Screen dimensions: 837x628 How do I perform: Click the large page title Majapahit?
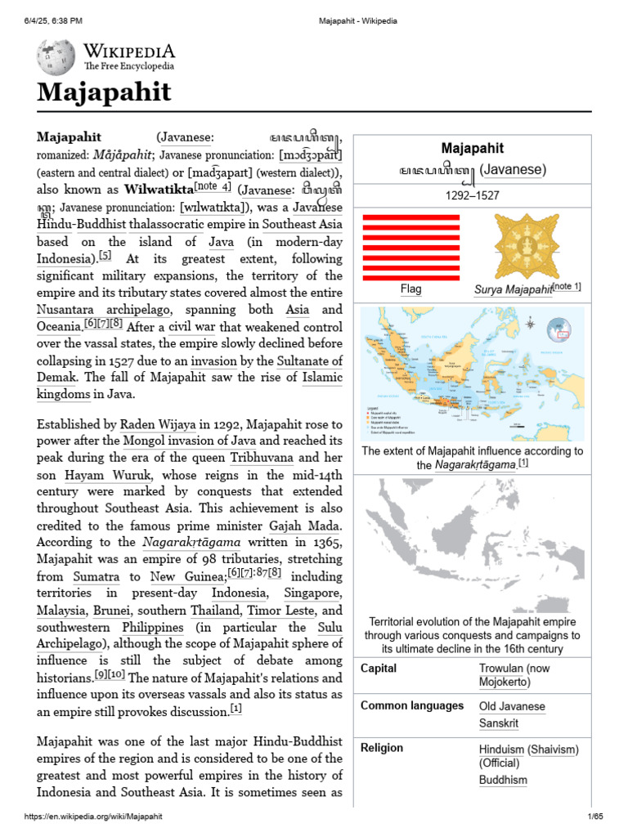pos(104,92)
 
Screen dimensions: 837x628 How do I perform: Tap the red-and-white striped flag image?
pos(410,246)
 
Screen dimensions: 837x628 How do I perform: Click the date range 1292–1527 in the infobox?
pos(473,196)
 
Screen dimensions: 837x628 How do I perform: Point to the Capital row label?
pos(379,668)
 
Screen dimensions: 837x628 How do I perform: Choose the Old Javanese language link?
pos(512,706)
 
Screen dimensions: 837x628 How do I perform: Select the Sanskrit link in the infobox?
pos(499,723)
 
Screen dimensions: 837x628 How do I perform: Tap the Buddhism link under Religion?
pos(503,780)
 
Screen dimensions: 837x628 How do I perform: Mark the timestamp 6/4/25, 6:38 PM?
pos(53,20)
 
